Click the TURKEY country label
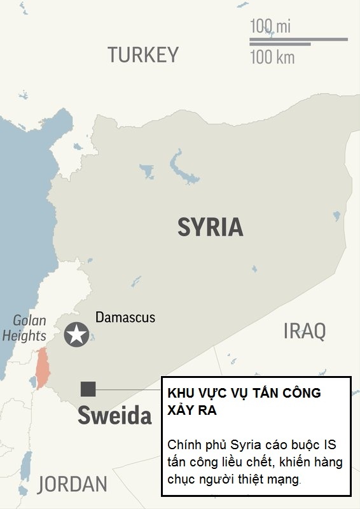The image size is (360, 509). [143, 55]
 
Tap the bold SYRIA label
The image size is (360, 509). [210, 227]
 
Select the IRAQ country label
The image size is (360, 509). [304, 331]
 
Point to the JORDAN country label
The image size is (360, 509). [72, 484]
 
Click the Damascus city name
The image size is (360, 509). [125, 317]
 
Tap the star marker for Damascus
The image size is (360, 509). [77, 335]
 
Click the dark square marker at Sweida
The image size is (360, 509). [88, 389]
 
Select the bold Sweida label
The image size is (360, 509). [115, 415]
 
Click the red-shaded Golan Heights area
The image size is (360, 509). [42, 368]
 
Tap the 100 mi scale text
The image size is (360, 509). [270, 27]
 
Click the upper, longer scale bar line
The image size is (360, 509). [298, 39]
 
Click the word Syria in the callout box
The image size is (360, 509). [248, 444]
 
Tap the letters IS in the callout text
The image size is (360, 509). [329, 444]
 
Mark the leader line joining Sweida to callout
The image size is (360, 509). [127, 389]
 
